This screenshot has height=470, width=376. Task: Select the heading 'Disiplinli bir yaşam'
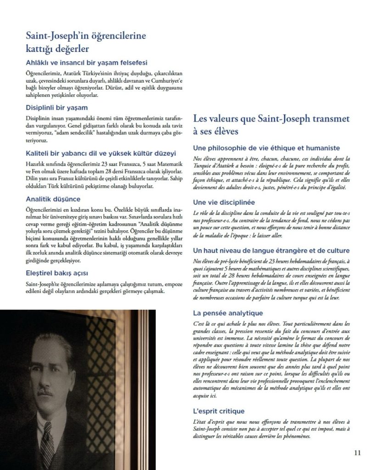coord(51,108)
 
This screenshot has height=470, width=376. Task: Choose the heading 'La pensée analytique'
coord(228,313)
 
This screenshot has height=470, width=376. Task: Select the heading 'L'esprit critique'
coord(219,411)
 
